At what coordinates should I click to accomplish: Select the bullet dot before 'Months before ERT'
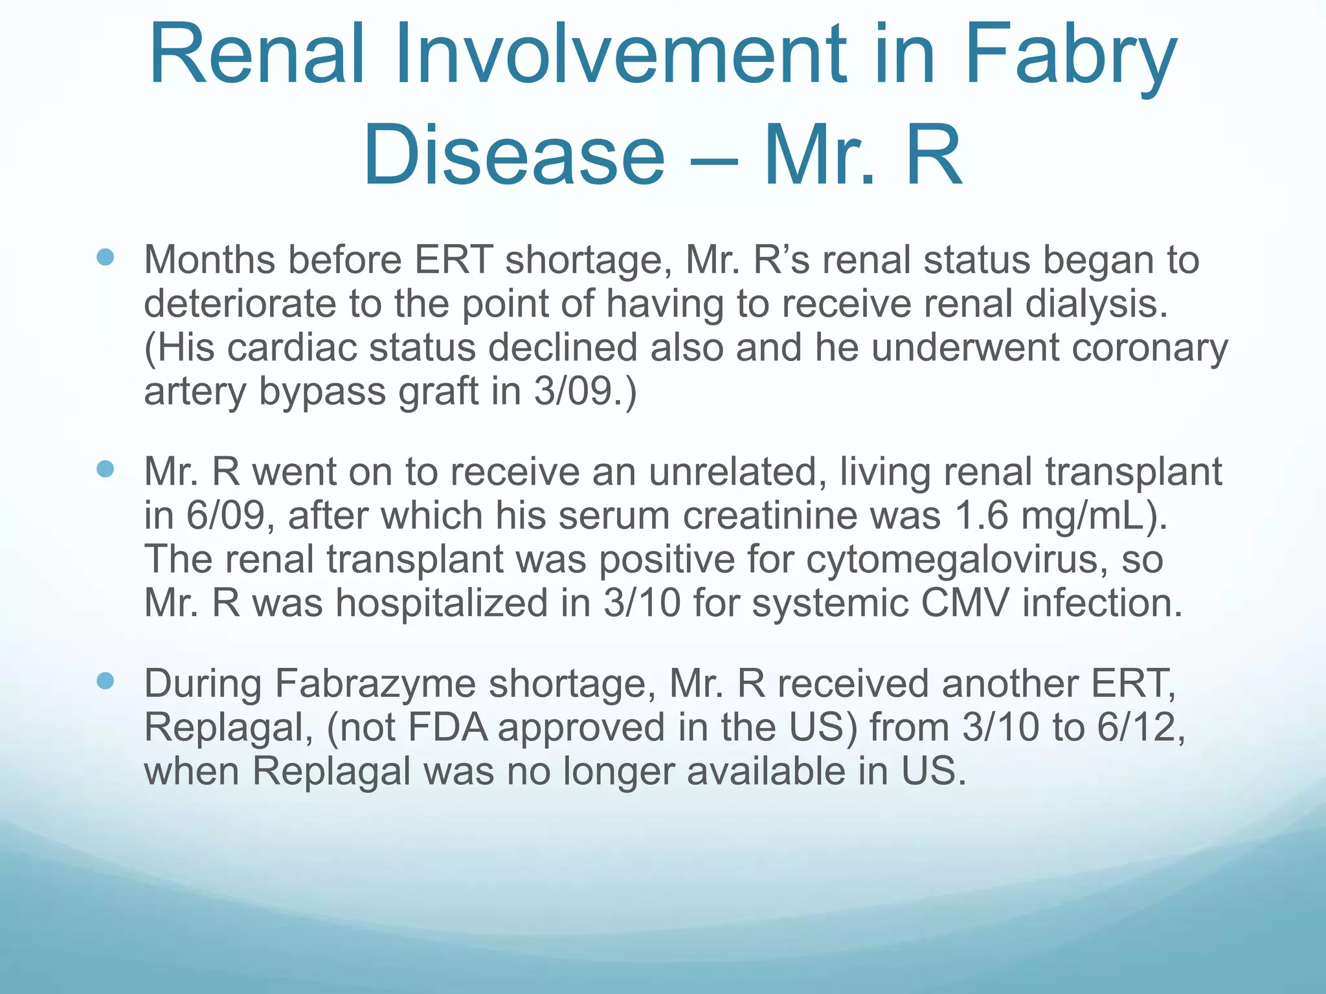105,258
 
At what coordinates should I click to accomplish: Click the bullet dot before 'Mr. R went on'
105,469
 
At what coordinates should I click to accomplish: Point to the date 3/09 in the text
573,392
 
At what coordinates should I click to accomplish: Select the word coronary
1149,348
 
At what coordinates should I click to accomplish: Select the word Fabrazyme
376,684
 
